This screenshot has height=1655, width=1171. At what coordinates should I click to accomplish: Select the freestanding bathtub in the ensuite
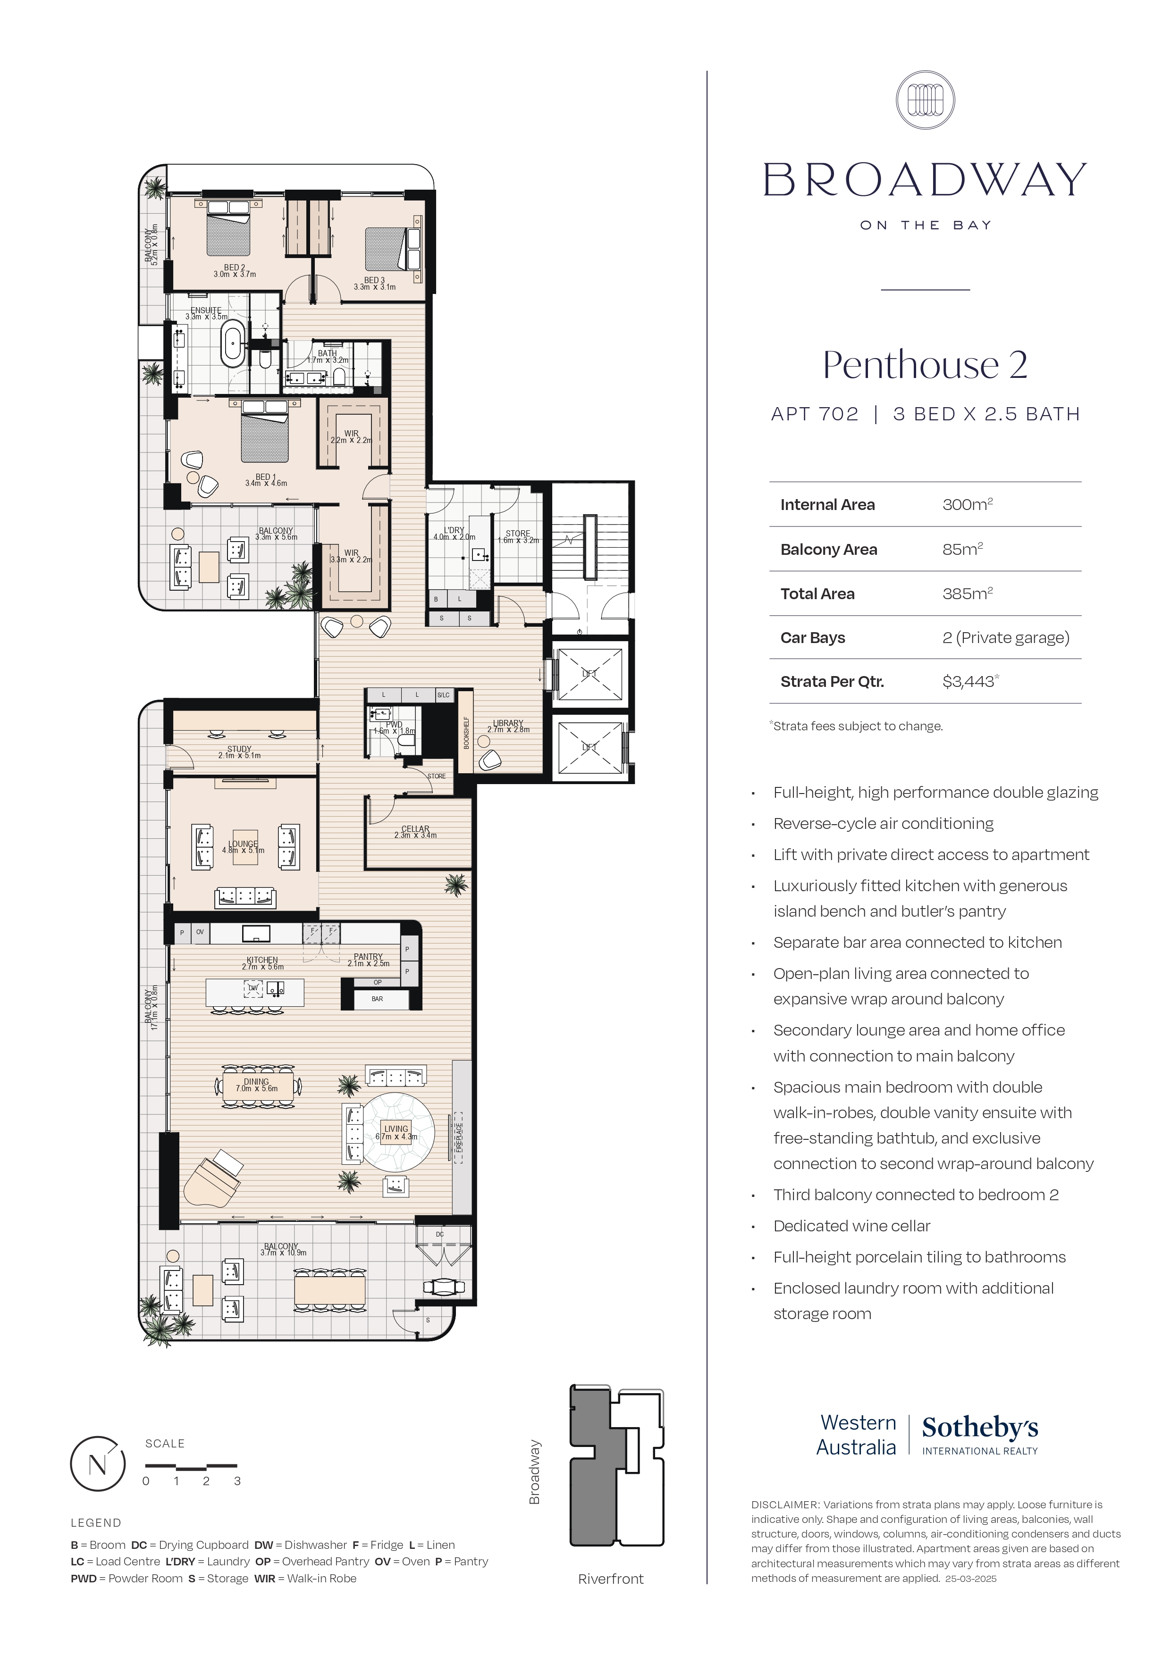[x=233, y=345]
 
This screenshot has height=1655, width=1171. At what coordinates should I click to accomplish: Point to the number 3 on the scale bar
[x=237, y=1481]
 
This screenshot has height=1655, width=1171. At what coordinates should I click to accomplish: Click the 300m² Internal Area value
[x=967, y=505]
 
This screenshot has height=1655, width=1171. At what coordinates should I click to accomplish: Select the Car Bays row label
[x=813, y=637]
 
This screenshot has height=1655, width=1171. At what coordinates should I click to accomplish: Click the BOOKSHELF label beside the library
[x=466, y=732]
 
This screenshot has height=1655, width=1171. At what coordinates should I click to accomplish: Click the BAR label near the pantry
[x=377, y=999]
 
